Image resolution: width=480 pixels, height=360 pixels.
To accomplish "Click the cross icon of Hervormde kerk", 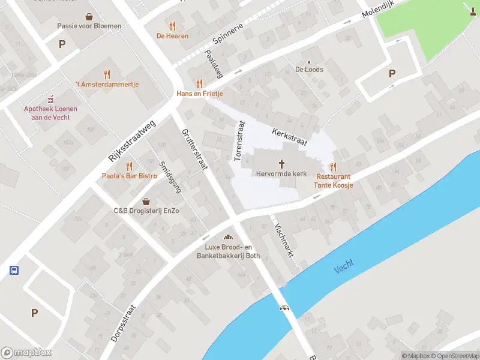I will (281, 163).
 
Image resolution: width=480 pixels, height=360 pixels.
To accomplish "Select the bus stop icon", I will (14, 270).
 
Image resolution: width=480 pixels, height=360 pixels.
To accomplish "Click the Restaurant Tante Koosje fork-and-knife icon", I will (333, 167).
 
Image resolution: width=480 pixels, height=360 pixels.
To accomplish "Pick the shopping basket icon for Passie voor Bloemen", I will (89, 16).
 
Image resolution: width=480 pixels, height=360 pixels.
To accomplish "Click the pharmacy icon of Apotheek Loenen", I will (51, 99).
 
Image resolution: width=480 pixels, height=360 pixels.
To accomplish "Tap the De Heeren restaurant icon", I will (173, 26).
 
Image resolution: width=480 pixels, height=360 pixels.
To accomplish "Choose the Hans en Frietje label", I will (200, 94).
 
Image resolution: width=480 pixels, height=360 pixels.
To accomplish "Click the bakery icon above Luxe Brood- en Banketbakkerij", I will (229, 238).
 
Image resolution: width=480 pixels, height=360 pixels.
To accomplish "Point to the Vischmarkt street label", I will (283, 241).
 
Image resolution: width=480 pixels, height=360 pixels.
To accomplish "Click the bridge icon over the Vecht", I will (285, 307).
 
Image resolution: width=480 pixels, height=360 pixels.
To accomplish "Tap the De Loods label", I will (309, 70).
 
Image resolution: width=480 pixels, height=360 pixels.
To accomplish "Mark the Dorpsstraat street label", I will (124, 324).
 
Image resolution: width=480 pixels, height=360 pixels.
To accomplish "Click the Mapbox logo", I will (26, 353).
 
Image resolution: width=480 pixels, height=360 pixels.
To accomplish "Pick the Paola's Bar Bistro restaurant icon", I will (128, 166).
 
